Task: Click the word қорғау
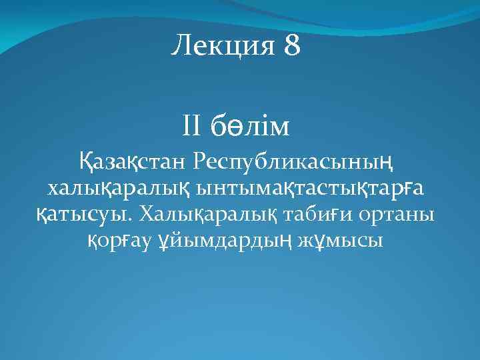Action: (x=119, y=239)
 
